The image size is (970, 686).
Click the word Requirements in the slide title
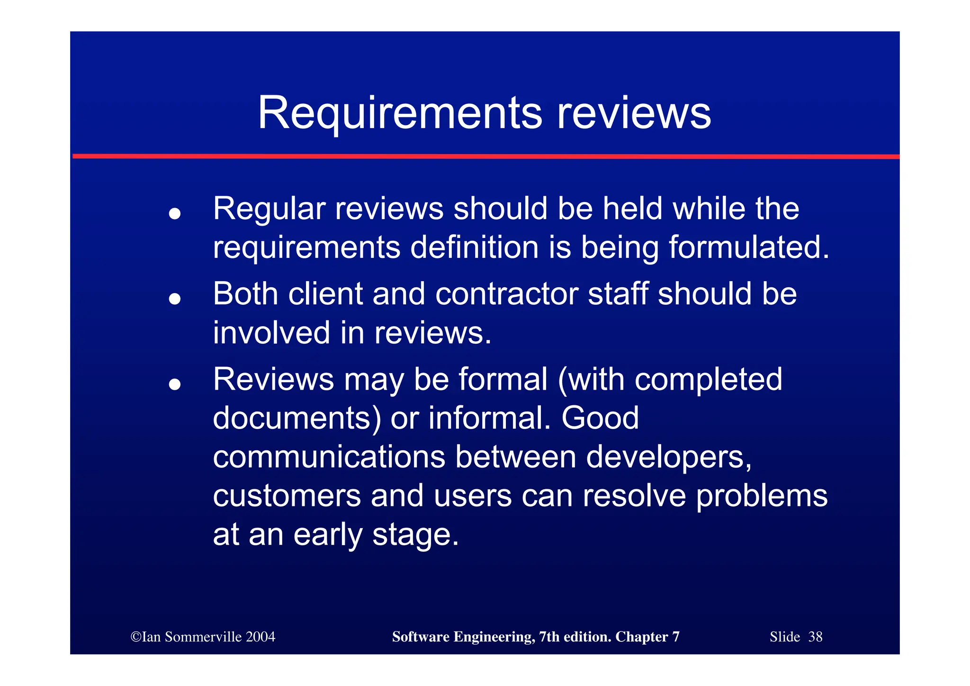coord(400,114)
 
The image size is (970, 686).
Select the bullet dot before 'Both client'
coord(175,299)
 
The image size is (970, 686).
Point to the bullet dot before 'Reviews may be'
coord(175,384)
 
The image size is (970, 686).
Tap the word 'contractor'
coord(506,294)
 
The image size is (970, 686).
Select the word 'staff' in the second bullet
coord(618,294)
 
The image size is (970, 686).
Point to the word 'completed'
coord(708,379)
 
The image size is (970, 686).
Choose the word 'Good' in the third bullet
coord(600,418)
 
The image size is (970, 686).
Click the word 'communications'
coord(329,457)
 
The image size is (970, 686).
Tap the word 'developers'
coord(668,457)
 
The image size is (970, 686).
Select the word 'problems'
coord(762,496)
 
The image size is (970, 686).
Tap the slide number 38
coord(815,637)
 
